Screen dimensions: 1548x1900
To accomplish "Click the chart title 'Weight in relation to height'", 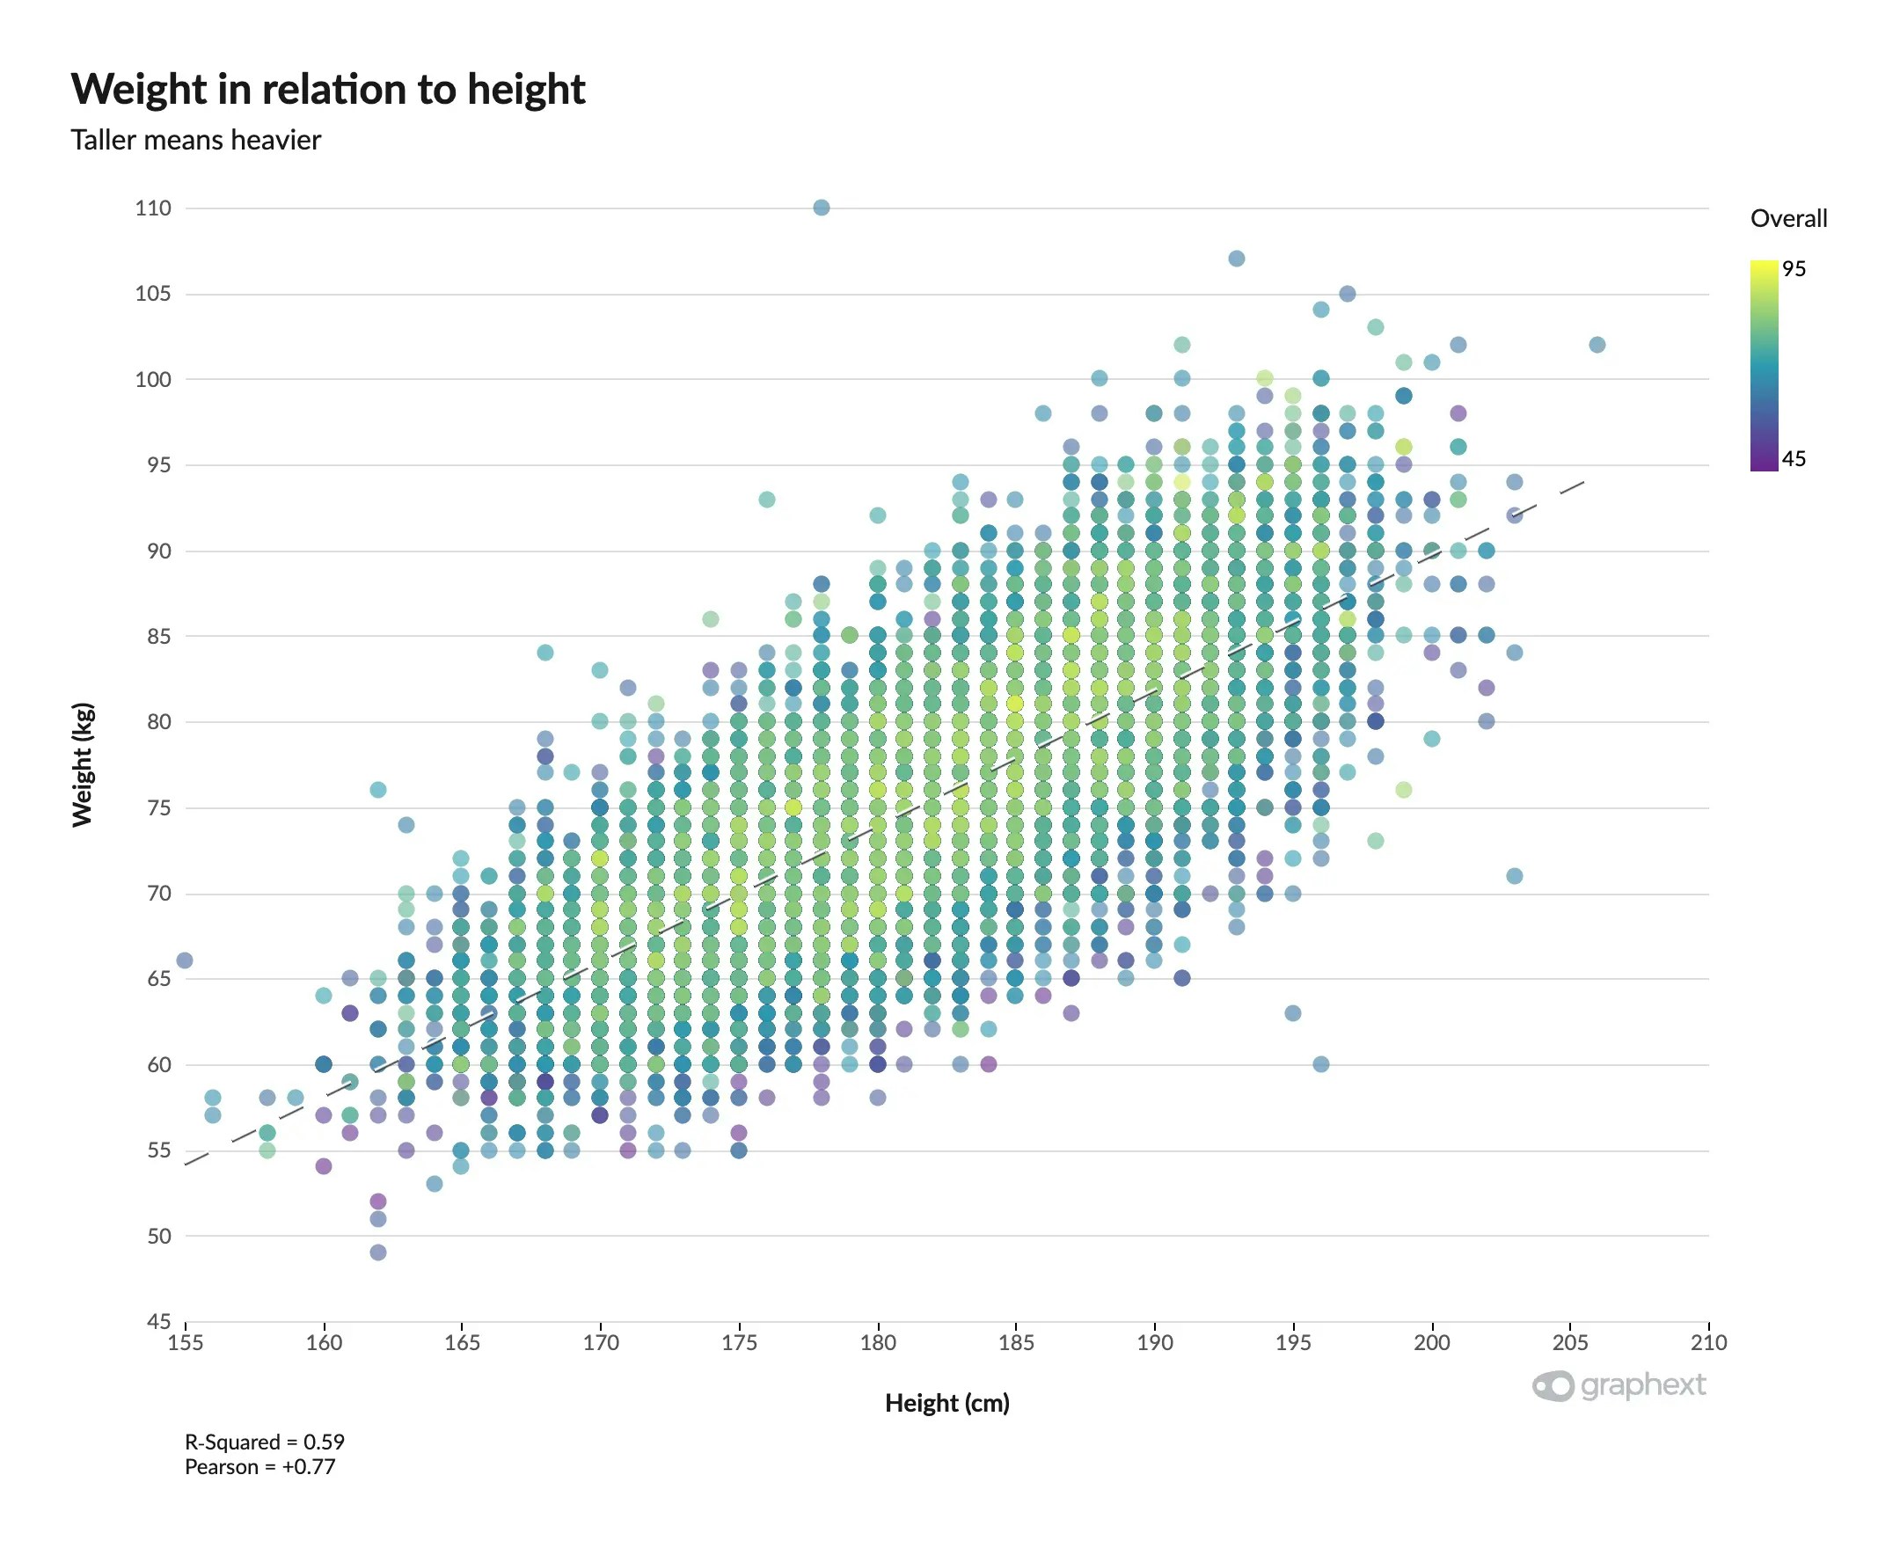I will click(x=327, y=89).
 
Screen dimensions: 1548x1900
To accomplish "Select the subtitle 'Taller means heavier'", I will click(x=195, y=140).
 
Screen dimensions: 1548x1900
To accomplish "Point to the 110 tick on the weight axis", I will click(x=152, y=208).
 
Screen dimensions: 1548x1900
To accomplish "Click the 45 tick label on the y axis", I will click(x=158, y=1320).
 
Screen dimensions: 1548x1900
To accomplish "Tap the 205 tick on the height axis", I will click(x=1569, y=1342).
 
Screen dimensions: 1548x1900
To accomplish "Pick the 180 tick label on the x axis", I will click(x=877, y=1342).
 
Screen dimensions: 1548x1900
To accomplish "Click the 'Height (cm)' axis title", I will click(x=946, y=1403).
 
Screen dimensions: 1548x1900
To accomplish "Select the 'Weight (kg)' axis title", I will click(x=82, y=764).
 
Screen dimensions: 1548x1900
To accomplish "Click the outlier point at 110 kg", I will click(x=822, y=208).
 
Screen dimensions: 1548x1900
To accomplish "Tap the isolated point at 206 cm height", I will click(x=1597, y=344).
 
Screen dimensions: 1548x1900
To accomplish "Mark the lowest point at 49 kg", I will click(x=378, y=1252).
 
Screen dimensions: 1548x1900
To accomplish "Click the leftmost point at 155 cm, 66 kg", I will click(x=185, y=960).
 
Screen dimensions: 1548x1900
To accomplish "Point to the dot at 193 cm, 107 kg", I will click(x=1237, y=259).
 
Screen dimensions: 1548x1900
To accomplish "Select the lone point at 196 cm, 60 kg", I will click(x=1320, y=1063).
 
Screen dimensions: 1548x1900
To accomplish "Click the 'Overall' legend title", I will click(x=1787, y=218).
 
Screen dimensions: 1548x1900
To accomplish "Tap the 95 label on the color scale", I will click(x=1793, y=269).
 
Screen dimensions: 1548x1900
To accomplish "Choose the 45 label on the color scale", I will click(x=1793, y=459).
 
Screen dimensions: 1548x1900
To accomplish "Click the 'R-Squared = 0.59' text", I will click(x=264, y=1442).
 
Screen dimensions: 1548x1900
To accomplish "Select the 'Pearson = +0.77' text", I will click(x=259, y=1467).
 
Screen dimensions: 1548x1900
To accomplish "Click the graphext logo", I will click(x=1619, y=1384).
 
